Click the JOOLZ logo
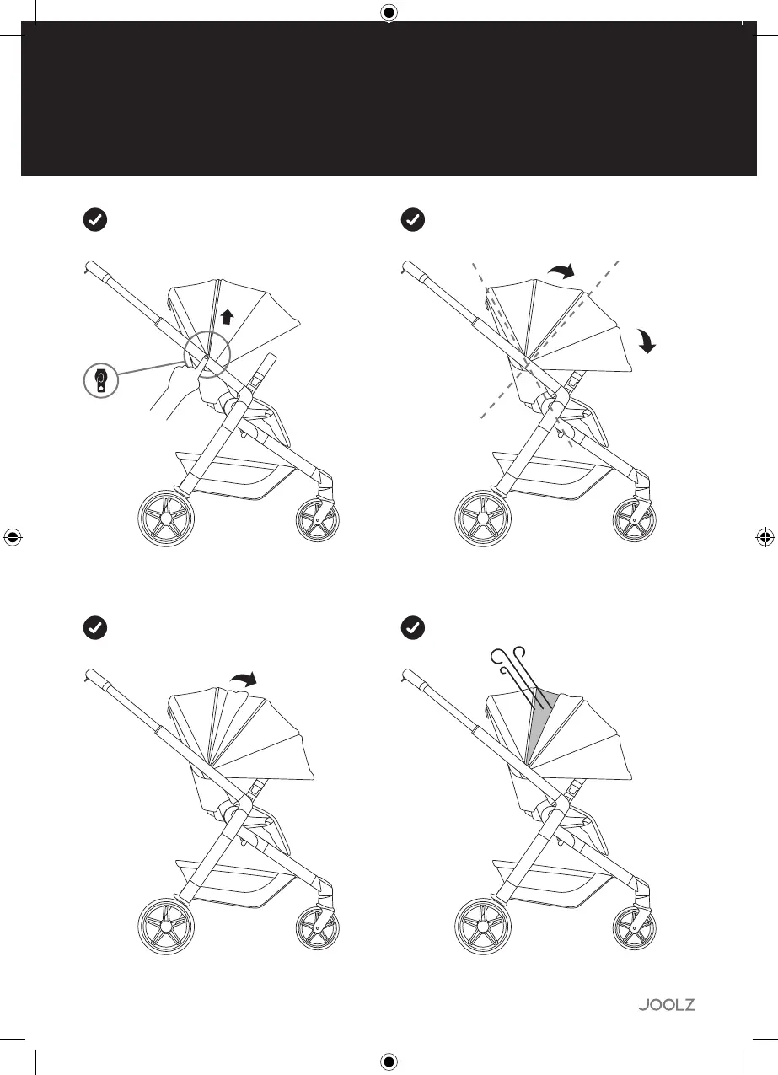click(666, 1004)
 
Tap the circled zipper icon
click(101, 380)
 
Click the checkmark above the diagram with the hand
click(96, 220)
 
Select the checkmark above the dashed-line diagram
click(412, 220)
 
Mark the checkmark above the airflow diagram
click(412, 628)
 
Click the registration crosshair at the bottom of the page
click(389, 1061)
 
